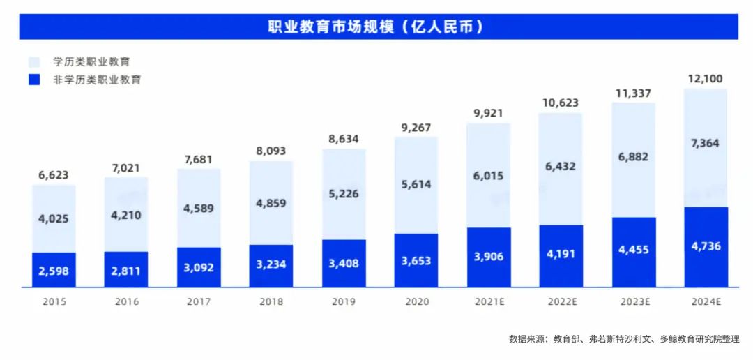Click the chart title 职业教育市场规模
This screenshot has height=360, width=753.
(x=376, y=27)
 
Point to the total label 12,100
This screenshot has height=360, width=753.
(x=706, y=78)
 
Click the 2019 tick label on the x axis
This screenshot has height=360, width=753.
(x=344, y=302)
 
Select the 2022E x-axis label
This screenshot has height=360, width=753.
(x=561, y=302)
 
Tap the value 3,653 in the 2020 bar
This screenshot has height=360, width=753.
(x=416, y=261)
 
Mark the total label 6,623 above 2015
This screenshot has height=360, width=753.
(x=54, y=175)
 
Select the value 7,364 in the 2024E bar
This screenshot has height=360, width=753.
(x=706, y=143)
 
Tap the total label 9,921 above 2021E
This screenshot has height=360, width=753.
(x=489, y=113)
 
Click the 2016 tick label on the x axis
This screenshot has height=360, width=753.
(x=126, y=302)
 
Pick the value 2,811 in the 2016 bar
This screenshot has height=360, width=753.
(x=126, y=270)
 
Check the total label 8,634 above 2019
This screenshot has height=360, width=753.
(x=344, y=139)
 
